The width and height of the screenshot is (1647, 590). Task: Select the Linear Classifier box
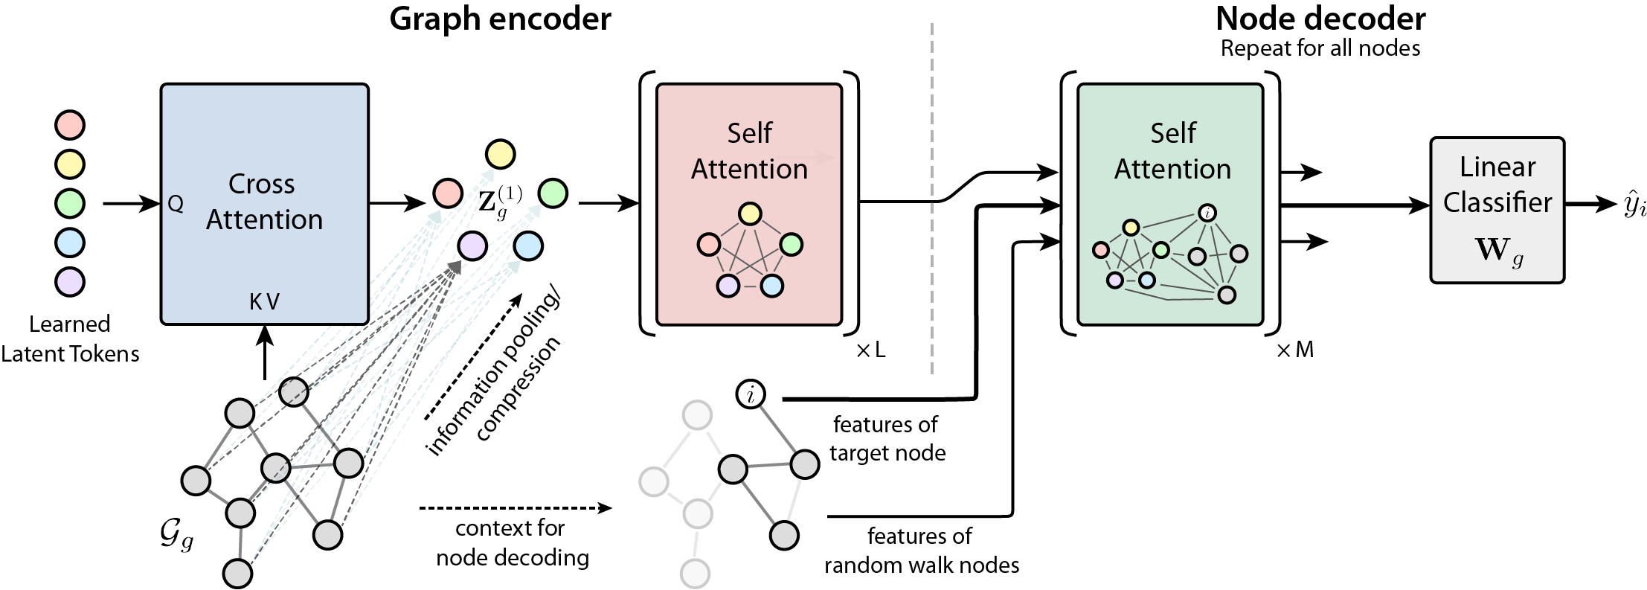1497,210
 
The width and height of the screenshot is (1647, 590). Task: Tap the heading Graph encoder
500,19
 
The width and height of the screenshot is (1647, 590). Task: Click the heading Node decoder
1320,19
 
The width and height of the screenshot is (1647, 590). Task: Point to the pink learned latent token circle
70,125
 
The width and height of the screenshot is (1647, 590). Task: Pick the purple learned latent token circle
70,281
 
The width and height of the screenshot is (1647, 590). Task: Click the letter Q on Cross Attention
176,204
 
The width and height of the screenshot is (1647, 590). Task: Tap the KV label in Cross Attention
264,301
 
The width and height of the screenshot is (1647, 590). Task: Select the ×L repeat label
871,350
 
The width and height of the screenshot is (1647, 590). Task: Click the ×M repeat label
1294,350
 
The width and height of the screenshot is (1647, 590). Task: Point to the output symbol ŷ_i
1634,205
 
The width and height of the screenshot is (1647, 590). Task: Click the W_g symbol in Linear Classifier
1498,251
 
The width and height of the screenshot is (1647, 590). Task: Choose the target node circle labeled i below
751,394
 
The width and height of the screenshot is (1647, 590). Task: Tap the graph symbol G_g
176,535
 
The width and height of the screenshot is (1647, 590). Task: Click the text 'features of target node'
887,438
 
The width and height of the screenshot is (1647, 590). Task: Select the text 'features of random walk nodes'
921,551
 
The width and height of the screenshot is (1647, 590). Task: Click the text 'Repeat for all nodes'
1320,48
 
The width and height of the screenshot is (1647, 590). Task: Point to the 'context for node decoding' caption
512,542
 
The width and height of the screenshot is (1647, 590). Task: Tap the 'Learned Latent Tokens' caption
70,339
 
